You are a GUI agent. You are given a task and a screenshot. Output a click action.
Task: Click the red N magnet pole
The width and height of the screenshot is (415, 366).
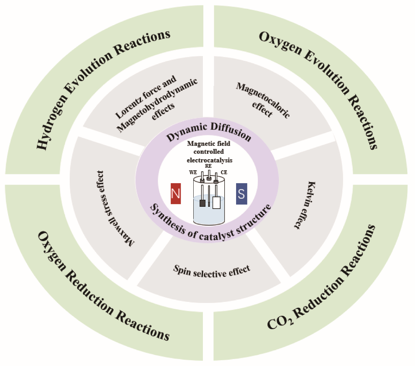pos(176,194)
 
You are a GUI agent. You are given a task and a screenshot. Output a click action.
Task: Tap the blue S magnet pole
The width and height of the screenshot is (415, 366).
pos(241,194)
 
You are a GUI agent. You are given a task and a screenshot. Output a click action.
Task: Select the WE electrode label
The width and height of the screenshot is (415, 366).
pos(193,172)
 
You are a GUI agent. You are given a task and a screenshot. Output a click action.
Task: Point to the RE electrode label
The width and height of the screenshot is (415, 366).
pos(208,166)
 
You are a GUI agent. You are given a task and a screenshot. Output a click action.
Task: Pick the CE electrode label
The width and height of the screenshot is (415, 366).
pos(224,172)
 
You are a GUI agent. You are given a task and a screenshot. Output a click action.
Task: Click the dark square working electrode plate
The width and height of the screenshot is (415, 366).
pos(202,203)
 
